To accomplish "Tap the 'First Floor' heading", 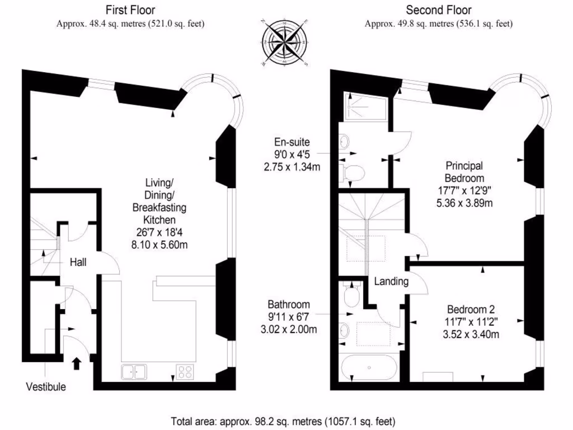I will click(x=130, y=10).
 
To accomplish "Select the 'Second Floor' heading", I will click(x=438, y=10).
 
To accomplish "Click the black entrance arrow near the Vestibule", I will click(x=76, y=364).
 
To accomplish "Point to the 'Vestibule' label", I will click(x=46, y=387).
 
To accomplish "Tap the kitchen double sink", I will click(x=133, y=371).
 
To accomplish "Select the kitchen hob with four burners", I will click(x=185, y=371).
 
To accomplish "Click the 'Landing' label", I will click(x=391, y=282).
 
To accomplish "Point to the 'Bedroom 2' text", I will click(x=471, y=310).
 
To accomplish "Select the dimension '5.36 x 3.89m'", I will click(x=464, y=203).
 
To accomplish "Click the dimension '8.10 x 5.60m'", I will click(x=159, y=244).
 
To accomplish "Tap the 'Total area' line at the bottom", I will click(x=283, y=420).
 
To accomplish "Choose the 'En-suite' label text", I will click(x=292, y=142).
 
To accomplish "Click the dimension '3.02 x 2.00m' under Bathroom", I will click(x=288, y=329).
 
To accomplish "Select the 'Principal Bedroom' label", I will click(x=464, y=172).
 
